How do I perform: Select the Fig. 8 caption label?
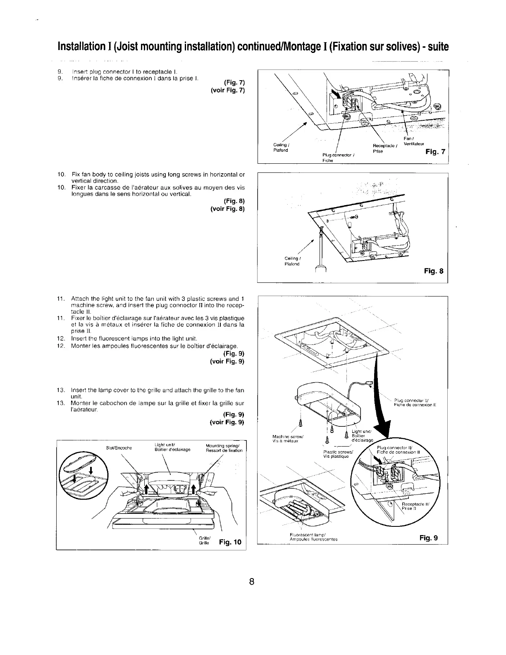434,271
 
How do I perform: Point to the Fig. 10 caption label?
230,542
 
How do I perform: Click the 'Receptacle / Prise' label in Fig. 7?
384,149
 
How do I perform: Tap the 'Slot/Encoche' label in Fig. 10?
119,448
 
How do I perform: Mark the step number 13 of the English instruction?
60,390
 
